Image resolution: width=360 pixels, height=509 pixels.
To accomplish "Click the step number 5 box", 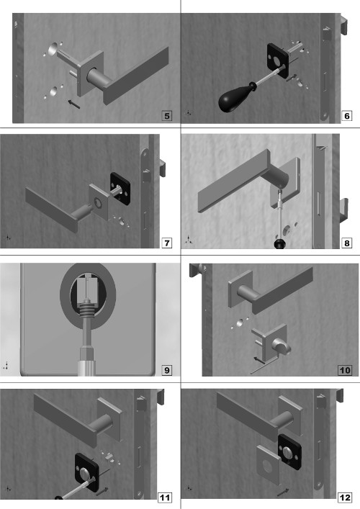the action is [x=166, y=116].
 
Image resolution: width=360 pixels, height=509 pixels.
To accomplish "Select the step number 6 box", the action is [x=347, y=116].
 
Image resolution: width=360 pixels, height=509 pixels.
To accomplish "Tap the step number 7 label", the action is [x=166, y=243].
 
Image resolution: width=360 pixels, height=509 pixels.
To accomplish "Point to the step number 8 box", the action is [x=347, y=243].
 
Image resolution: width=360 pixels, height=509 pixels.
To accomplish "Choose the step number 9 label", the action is [x=166, y=370].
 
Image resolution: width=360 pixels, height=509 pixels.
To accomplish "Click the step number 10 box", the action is [x=345, y=370].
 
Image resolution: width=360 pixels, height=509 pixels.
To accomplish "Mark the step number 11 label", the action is [x=165, y=497].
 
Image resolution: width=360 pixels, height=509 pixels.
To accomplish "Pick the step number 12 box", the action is [x=345, y=497].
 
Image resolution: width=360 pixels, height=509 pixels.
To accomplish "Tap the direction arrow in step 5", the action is [x=73, y=104].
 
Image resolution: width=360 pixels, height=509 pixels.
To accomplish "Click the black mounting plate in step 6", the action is [x=278, y=60].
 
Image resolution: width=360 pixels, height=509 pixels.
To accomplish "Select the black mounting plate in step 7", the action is [x=120, y=189].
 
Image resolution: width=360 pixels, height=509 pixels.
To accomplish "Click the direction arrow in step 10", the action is [x=259, y=360].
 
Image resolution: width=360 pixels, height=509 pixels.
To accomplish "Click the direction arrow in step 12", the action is [x=283, y=492].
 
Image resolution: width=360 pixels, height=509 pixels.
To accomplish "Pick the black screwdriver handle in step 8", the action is [x=279, y=244].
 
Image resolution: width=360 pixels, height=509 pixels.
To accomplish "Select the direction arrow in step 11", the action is [x=102, y=491].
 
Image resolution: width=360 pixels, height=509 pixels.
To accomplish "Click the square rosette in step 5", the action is [x=90, y=73].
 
